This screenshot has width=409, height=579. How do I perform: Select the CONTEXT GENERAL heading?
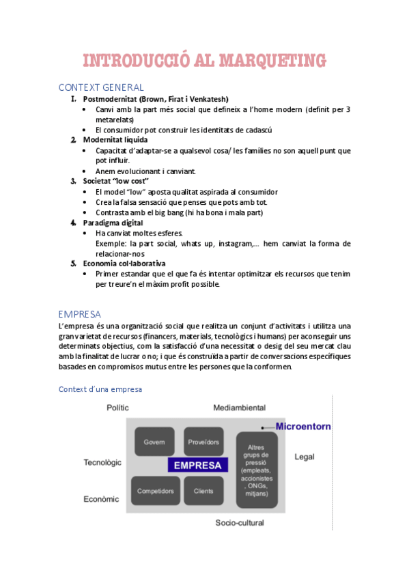pos(101,87)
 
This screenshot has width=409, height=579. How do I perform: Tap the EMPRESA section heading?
pos(80,314)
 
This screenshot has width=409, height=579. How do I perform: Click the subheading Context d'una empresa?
pos(100,389)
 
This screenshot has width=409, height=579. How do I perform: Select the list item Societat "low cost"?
pos(115,181)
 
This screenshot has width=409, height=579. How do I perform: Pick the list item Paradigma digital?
pos(113,223)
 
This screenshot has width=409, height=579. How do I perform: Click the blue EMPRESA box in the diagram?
pos(197,466)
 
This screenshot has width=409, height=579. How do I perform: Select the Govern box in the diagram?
pos(154,442)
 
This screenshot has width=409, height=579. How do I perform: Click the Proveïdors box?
pos(203,442)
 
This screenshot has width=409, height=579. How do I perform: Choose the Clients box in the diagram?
pos(203,491)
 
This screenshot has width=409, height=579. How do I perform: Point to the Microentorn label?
pos(303,426)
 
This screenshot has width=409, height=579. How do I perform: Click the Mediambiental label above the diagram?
pos(239,408)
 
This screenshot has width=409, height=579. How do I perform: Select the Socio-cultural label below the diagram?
pos(239,523)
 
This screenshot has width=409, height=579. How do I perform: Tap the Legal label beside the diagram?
pos(305,456)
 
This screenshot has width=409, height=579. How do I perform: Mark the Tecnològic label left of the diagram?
pos(102,462)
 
